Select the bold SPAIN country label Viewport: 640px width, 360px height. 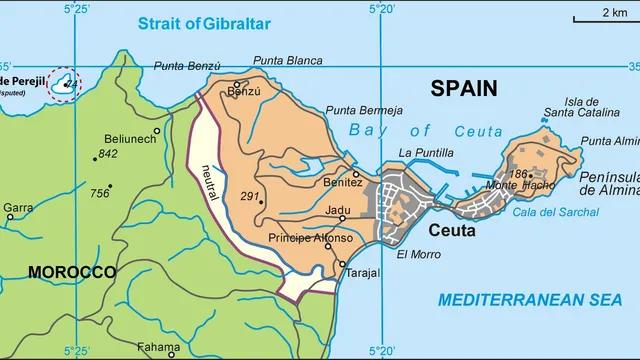tap(463, 89)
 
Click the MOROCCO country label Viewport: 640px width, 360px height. tap(71, 272)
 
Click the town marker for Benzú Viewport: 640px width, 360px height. tap(237, 84)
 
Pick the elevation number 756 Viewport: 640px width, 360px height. tap(99, 193)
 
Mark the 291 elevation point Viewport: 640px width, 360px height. tap(262, 202)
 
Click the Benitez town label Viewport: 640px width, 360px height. tap(343, 183)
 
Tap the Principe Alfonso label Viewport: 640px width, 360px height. tap(310, 238)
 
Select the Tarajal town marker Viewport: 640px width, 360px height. tap(342, 263)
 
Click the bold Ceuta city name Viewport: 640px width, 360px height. tap(452, 230)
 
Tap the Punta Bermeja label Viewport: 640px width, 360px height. tap(365, 110)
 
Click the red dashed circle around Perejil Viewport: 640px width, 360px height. tap(66, 84)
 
